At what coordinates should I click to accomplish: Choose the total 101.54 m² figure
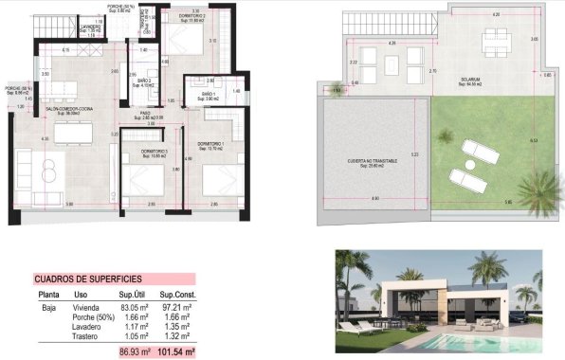177,351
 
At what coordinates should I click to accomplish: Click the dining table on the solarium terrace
495,40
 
